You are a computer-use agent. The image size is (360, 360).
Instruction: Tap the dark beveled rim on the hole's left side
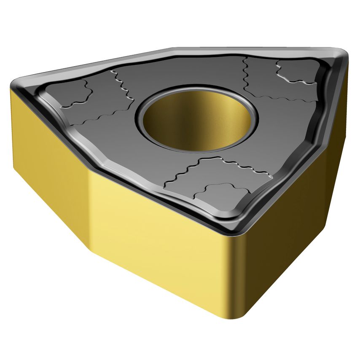coord(140,118)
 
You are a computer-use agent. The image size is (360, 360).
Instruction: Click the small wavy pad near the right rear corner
coord(295,72)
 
